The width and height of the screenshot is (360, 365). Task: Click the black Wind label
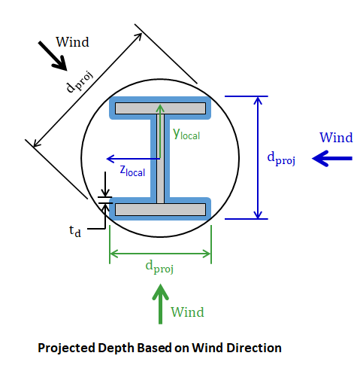tap(72, 42)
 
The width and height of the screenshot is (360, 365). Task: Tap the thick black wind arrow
tap(53, 56)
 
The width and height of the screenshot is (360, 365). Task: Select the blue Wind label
tap(336, 138)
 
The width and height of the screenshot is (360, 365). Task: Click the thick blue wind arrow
tap(332, 158)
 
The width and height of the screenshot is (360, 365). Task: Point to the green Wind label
tap(187, 312)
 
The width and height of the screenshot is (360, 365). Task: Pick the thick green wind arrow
tap(160, 304)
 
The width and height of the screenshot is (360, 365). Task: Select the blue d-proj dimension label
tap(281, 159)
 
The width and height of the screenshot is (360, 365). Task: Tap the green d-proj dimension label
tap(159, 266)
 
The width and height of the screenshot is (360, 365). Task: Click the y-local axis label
tap(186, 134)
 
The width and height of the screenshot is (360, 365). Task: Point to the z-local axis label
tap(132, 171)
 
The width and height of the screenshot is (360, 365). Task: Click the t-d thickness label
tap(75, 231)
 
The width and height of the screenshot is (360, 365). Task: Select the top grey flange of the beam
tap(160, 108)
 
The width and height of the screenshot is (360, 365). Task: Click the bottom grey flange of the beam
tap(160, 209)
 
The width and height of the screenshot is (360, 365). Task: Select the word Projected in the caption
tap(66, 348)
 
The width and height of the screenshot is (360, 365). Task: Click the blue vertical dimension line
tap(258, 157)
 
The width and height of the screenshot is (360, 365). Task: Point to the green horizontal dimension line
tap(160, 254)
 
